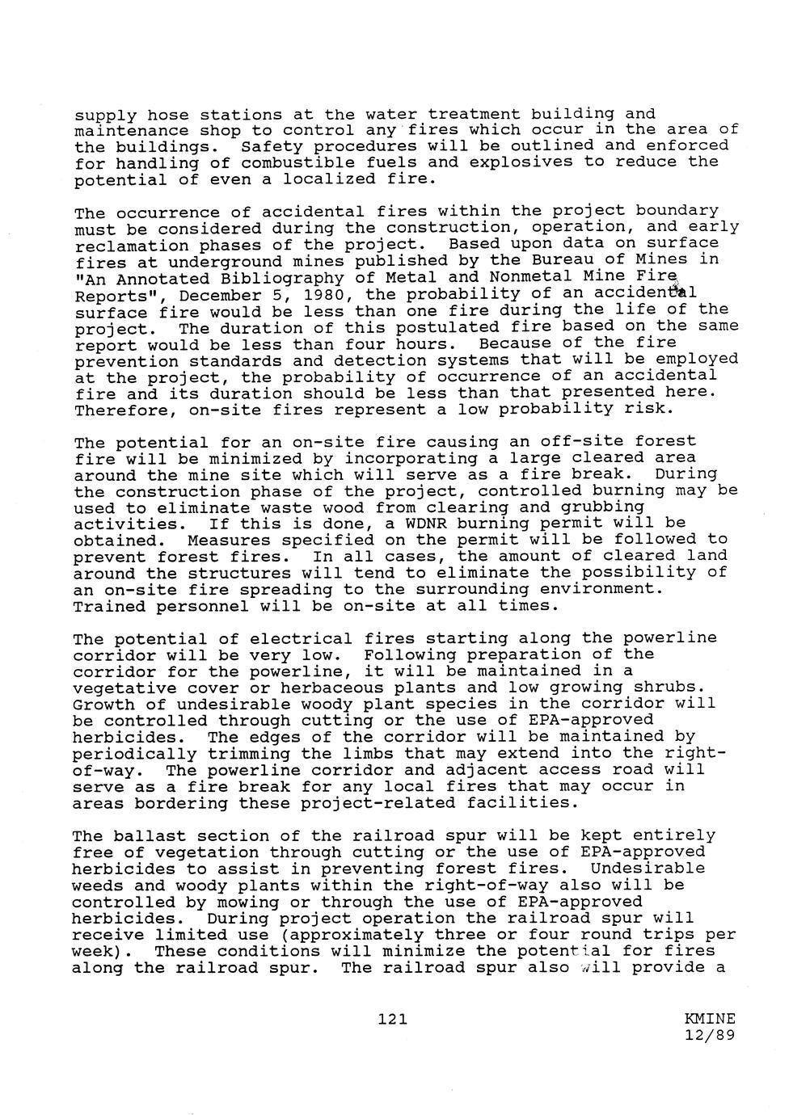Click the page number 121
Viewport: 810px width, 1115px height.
(392, 1020)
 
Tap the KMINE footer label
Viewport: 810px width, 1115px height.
(709, 1019)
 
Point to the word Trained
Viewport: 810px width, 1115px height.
(110, 606)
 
